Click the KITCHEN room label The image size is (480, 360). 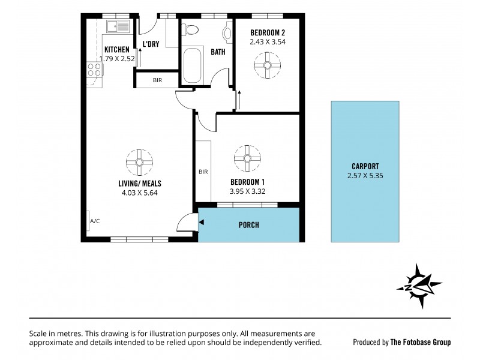[x=117, y=50]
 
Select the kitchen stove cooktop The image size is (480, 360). [x=94, y=69]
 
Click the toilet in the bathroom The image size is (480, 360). [x=191, y=29]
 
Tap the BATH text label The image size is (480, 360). [x=218, y=52]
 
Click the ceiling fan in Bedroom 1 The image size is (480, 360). [x=247, y=158]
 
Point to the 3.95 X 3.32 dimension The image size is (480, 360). [x=247, y=191]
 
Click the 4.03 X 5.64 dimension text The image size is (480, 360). [x=140, y=193]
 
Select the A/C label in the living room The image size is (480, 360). [x=95, y=221]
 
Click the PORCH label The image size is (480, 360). [x=248, y=225]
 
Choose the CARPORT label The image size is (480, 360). [x=365, y=167]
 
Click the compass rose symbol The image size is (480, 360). [x=419, y=286]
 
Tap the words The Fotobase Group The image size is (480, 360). [x=420, y=342]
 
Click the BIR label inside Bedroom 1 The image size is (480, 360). [x=203, y=172]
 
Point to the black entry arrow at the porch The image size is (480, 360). [x=202, y=223]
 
